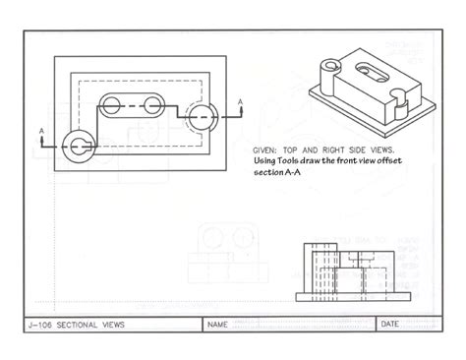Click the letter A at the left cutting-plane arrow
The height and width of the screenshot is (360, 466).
tap(40, 128)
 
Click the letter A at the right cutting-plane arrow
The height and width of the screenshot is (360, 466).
tap(241, 100)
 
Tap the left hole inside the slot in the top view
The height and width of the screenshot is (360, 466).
tap(116, 105)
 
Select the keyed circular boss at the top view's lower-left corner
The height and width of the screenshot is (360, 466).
tap(76, 146)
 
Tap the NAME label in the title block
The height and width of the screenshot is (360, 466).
tap(218, 324)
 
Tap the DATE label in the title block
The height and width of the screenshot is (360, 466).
tap(390, 324)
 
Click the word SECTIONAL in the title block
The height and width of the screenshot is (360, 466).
tap(83, 324)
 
